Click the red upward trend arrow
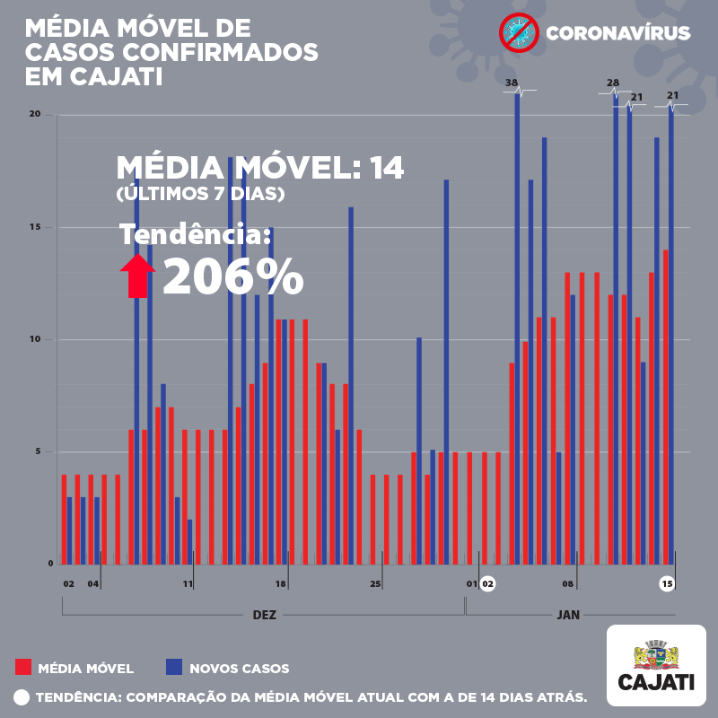pyautogui.click(x=136, y=276)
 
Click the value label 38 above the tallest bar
pyautogui.click(x=512, y=83)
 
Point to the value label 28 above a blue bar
pyautogui.click(x=613, y=83)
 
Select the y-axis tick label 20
pyautogui.click(x=35, y=114)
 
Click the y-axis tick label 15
pyautogui.click(x=35, y=227)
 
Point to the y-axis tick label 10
pyautogui.click(x=35, y=339)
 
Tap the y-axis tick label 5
pyautogui.click(x=38, y=451)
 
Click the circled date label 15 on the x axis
pyautogui.click(x=667, y=584)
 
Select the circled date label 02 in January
pyautogui.click(x=487, y=584)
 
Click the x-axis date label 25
pyautogui.click(x=375, y=584)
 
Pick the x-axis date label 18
pyautogui.click(x=281, y=584)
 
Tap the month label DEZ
pyautogui.click(x=264, y=616)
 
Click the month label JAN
pyautogui.click(x=568, y=616)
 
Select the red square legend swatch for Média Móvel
pyautogui.click(x=24, y=667)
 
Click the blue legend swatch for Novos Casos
pyautogui.click(x=174, y=667)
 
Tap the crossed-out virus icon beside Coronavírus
pyautogui.click(x=517, y=33)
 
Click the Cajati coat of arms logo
pyautogui.click(x=656, y=654)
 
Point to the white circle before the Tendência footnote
pyautogui.click(x=22, y=696)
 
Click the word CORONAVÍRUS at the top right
pyautogui.click(x=617, y=34)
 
